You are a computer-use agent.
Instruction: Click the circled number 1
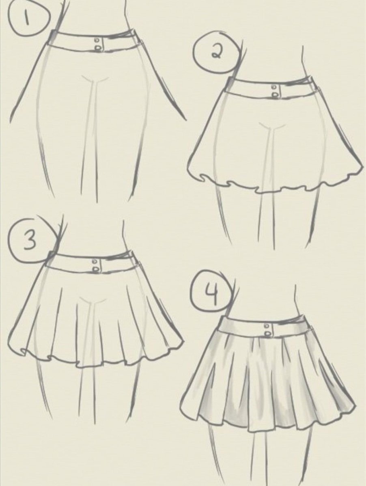pos(27,18)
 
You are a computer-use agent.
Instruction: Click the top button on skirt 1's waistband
pos(97,40)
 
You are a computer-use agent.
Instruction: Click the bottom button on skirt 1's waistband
pos(97,47)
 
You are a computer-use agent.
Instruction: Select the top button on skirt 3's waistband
pos(95,262)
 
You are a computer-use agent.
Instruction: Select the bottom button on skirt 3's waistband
pos(95,269)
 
